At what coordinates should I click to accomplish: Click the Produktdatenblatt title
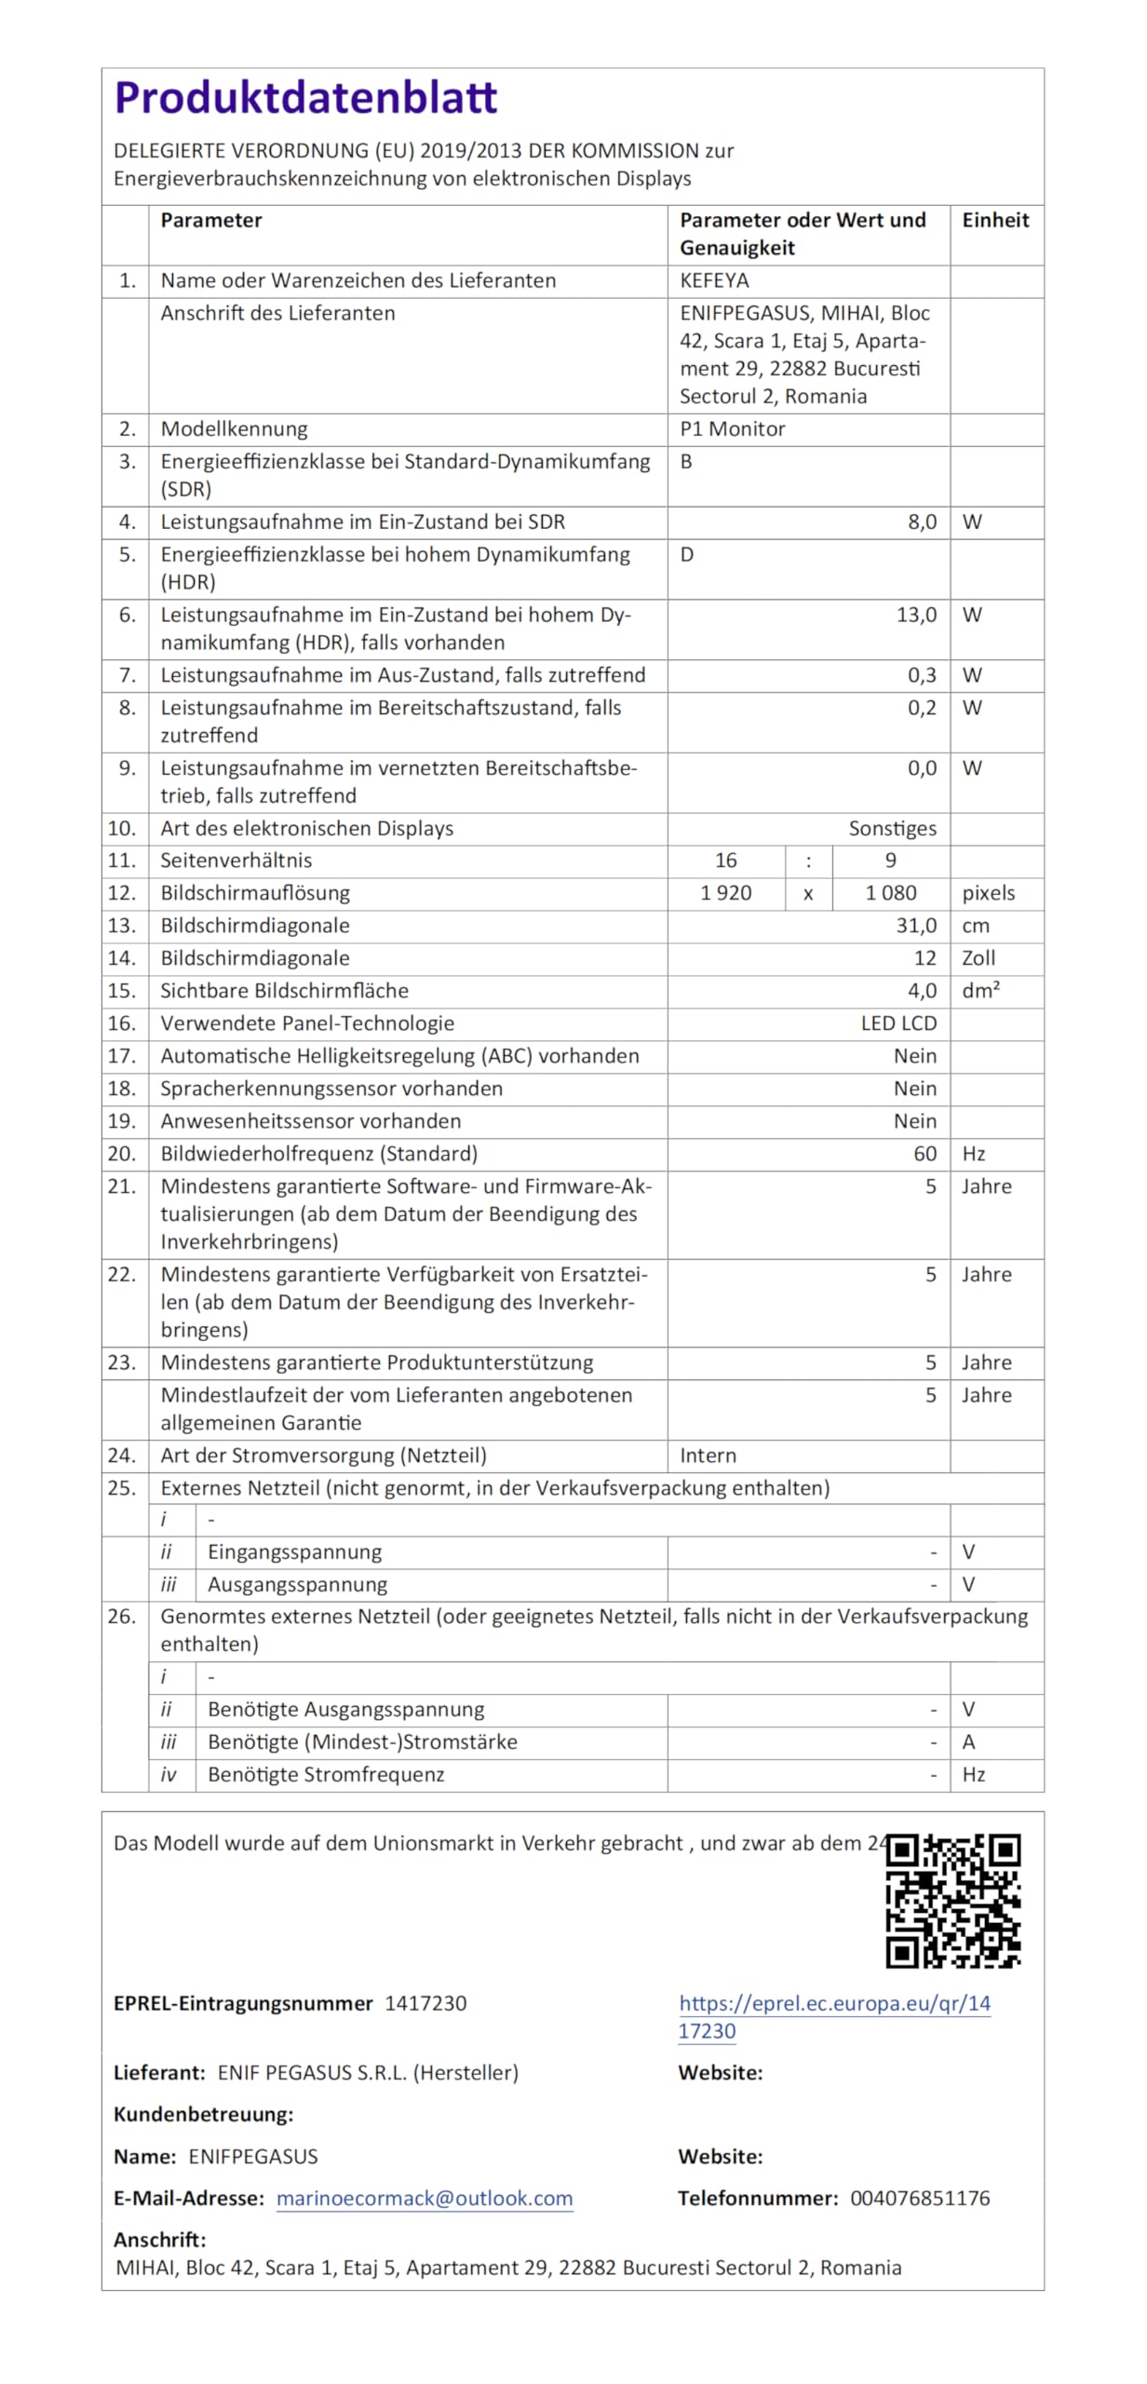point(305,98)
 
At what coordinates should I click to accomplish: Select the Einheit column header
point(995,221)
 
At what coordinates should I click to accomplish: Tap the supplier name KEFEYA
point(714,281)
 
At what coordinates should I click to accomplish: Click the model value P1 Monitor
point(732,429)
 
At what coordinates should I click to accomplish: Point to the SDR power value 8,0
point(922,522)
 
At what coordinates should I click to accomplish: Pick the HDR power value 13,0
point(916,616)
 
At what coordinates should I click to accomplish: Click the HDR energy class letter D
point(687,555)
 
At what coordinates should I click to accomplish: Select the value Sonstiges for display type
point(892,829)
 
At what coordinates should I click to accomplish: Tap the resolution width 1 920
point(726,893)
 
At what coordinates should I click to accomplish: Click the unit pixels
point(988,893)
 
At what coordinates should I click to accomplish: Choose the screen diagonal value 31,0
point(916,926)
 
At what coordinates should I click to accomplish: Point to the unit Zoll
point(978,958)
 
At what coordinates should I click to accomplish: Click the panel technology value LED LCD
point(898,1023)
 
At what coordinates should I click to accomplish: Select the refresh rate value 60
point(924,1154)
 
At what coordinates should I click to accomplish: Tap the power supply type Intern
point(708,1456)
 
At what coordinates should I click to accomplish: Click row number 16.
point(122,1023)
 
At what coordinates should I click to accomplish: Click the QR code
point(953,1901)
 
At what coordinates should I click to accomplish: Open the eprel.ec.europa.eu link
point(834,2004)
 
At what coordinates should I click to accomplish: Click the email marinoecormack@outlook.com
point(425,2199)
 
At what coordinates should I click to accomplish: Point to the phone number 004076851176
point(920,2199)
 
